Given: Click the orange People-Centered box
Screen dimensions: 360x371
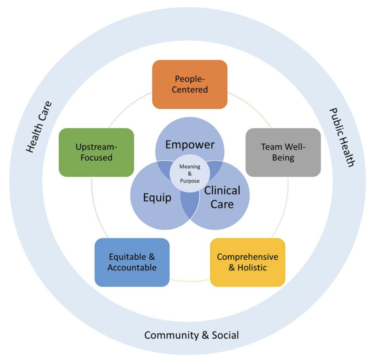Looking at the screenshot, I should click(190, 84).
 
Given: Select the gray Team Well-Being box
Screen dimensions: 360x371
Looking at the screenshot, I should click(283, 152).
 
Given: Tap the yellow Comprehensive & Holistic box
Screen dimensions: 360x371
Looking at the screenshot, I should click(247, 262).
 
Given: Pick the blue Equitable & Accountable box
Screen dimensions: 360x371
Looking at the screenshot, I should click(132, 262).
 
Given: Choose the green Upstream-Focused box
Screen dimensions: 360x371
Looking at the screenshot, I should click(96, 152).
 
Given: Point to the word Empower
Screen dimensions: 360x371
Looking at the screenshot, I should click(190, 144).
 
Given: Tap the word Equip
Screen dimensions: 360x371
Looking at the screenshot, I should click(157, 197).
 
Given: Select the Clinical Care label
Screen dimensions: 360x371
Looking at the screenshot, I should click(222, 197).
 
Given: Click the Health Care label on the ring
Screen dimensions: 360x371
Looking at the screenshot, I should click(39, 127).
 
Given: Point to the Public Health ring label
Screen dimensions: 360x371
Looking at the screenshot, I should click(342, 137).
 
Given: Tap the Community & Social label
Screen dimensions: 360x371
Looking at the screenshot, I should click(191, 336).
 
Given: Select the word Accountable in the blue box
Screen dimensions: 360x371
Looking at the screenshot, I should click(132, 268).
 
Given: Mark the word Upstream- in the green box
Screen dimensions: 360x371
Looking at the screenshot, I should click(96, 147).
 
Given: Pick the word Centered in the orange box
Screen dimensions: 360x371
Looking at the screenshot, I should click(190, 90).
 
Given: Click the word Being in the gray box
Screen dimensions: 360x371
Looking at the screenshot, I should click(283, 157).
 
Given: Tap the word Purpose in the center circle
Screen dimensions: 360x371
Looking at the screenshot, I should click(189, 181).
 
